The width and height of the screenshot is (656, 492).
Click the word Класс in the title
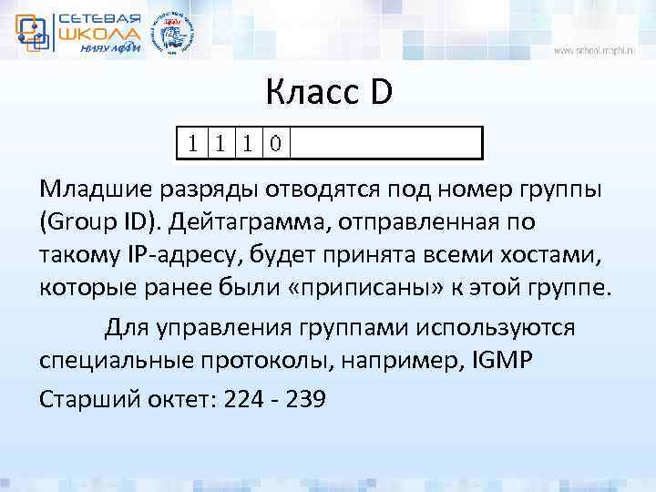310,92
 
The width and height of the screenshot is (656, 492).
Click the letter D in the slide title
381,92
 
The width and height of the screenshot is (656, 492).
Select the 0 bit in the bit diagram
275,143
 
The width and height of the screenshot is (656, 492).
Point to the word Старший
84,400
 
